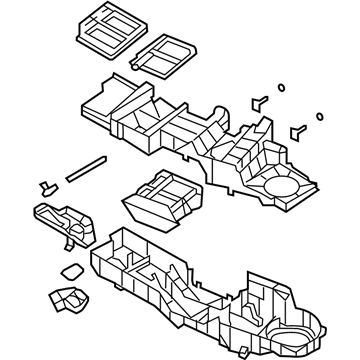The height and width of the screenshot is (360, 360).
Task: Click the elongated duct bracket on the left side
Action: [62, 221]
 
